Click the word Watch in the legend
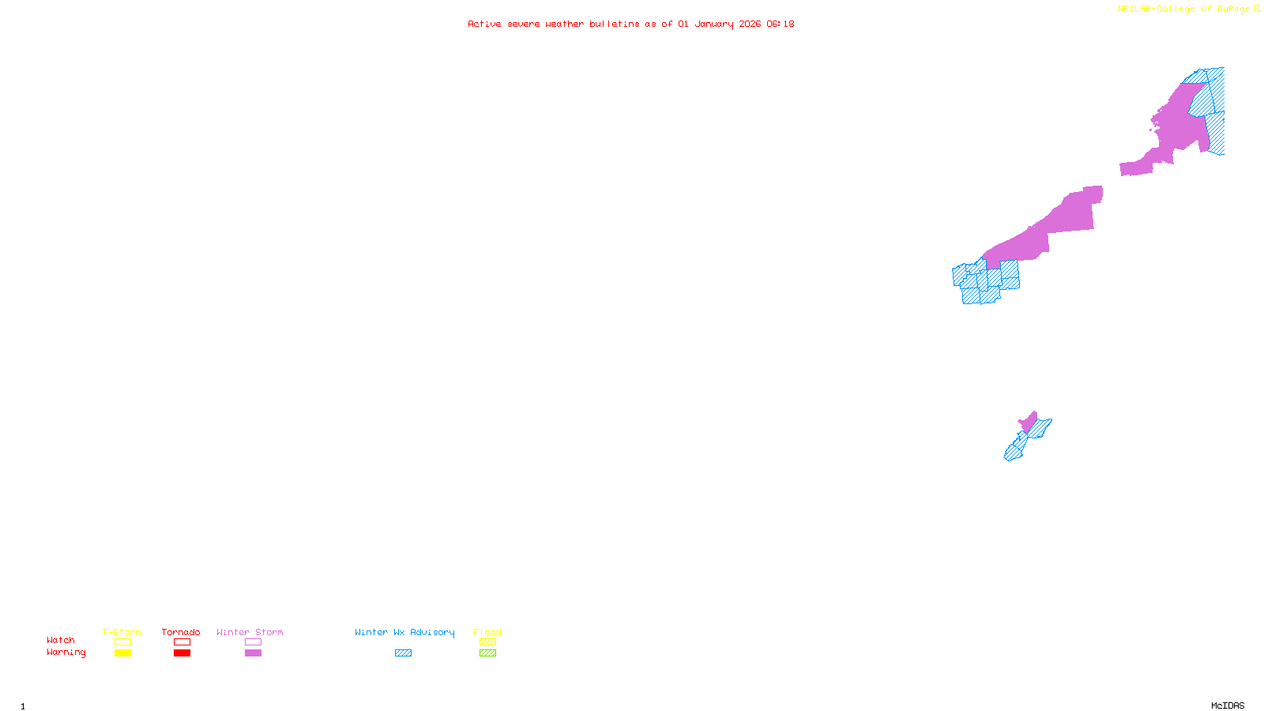[x=61, y=640]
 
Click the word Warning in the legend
[x=66, y=653]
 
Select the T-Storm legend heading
[x=122, y=632]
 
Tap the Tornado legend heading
[x=181, y=632]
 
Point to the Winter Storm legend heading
[x=250, y=632]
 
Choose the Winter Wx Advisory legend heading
[x=404, y=632]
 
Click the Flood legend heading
[x=487, y=632]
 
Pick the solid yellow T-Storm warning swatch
[x=122, y=653]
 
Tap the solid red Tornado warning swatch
[x=182, y=653]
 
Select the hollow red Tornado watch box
[x=182, y=642]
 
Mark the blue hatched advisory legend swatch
[x=403, y=653]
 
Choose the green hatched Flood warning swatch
[x=487, y=653]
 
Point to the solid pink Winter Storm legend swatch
[x=253, y=653]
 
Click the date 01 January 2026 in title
[x=717, y=24]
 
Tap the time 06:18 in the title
[x=781, y=24]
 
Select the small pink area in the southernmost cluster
[x=1029, y=423]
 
